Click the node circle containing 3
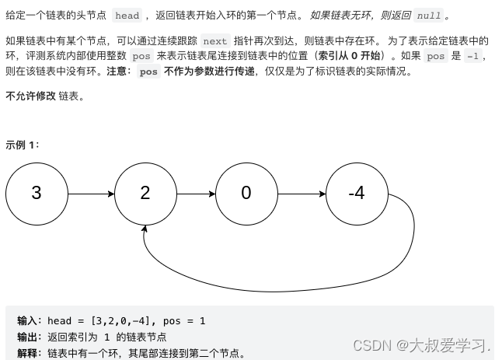point(37,193)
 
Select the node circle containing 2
point(145,193)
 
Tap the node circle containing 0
point(246,193)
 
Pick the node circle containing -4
point(357,193)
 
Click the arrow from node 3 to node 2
point(91,194)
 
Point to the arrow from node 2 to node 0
point(196,194)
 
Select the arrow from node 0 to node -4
point(302,194)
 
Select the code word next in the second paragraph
point(215,40)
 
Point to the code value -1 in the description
point(472,57)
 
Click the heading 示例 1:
point(23,144)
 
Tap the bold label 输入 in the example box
point(29,320)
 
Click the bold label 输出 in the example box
point(29,337)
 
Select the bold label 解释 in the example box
point(29,353)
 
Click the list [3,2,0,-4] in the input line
point(121,320)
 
